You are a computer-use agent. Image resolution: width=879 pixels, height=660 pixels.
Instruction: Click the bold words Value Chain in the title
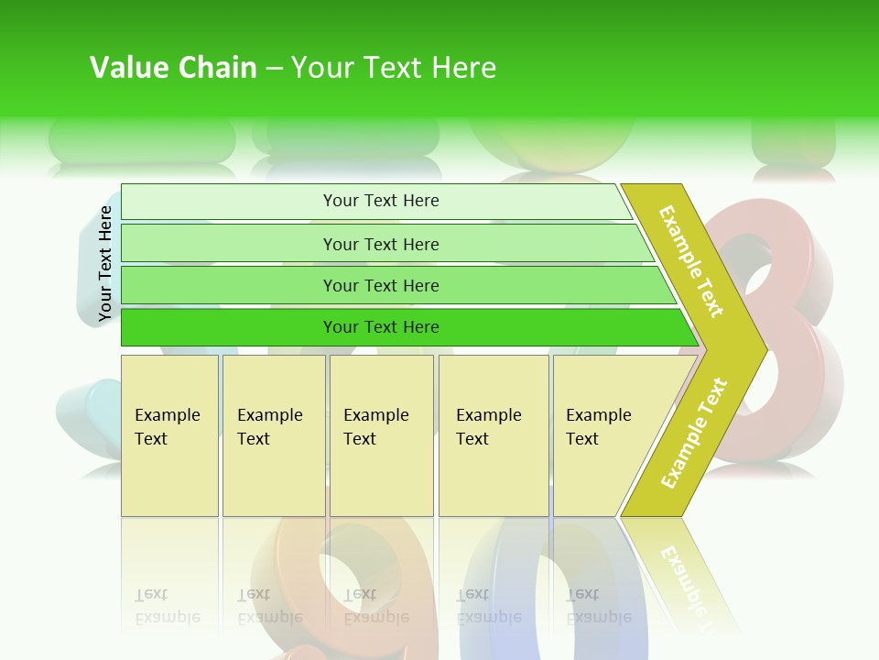point(173,68)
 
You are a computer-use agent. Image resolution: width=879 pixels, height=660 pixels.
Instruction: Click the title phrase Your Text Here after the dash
point(394,68)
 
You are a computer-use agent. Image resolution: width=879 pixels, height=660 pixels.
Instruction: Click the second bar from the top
point(380,244)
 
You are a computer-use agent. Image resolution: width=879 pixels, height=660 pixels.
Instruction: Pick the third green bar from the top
point(380,285)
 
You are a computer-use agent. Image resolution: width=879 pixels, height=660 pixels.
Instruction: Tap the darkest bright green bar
point(380,327)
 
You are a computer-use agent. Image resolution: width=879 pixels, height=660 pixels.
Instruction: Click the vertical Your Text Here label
point(105,263)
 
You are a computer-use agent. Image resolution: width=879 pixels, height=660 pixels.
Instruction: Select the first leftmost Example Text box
point(169,435)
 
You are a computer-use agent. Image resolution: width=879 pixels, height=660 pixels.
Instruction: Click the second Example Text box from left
point(273,435)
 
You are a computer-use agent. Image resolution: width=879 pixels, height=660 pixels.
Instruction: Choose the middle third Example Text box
point(381,435)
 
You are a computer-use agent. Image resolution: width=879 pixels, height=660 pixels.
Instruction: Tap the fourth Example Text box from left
point(493,435)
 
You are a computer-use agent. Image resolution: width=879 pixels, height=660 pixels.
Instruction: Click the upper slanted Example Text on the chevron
point(692,261)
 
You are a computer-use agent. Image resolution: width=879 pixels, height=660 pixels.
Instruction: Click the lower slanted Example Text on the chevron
point(694,433)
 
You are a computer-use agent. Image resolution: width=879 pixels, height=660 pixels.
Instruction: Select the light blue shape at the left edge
point(87,417)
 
